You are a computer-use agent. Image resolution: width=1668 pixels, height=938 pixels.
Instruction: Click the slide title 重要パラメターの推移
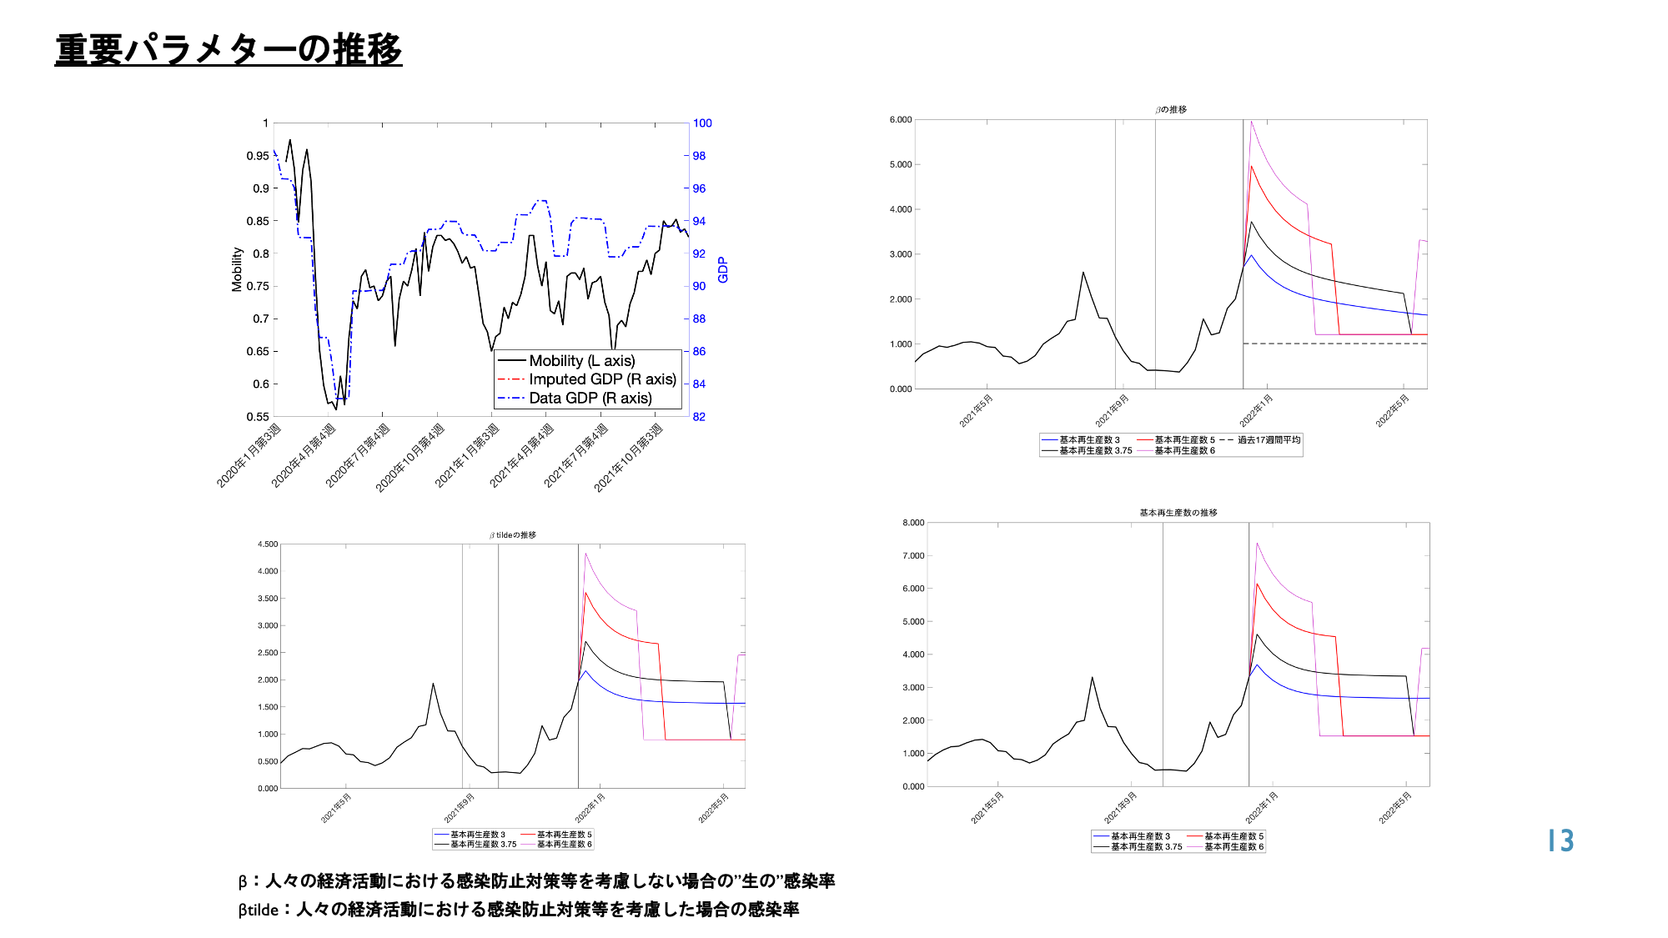point(229,50)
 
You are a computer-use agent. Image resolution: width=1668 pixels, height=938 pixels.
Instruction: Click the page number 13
point(1560,840)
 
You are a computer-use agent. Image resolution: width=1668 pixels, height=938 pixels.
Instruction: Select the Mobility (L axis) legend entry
point(581,361)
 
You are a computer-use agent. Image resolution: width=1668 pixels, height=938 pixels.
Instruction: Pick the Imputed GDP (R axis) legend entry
point(602,379)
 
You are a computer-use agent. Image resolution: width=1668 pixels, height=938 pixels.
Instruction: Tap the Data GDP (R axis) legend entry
point(590,399)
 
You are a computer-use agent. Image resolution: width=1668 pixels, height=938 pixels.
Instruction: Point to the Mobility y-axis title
point(237,269)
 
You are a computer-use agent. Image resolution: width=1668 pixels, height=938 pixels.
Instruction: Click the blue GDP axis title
point(723,269)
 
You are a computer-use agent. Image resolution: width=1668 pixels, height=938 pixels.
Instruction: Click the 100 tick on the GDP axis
point(702,123)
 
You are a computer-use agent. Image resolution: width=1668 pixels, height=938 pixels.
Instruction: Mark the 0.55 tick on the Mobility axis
point(258,417)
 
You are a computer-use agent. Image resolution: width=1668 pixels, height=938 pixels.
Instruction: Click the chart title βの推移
point(1171,109)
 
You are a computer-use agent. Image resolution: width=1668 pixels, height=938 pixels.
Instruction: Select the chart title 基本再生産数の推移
point(1178,513)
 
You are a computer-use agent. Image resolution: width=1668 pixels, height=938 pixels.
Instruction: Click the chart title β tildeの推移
point(513,535)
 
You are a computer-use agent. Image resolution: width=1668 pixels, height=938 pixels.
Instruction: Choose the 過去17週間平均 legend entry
point(1269,440)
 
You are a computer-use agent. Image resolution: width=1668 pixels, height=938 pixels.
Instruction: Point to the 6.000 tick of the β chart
point(901,120)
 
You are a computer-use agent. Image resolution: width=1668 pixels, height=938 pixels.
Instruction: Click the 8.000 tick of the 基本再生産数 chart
point(913,523)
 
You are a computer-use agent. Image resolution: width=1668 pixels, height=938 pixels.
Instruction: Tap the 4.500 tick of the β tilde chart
point(268,544)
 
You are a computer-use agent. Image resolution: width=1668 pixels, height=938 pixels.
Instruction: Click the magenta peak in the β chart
point(1251,123)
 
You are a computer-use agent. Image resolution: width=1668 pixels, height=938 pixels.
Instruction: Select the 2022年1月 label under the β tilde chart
point(590,808)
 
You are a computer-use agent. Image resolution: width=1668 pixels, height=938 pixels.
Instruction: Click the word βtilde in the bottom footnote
point(259,910)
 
